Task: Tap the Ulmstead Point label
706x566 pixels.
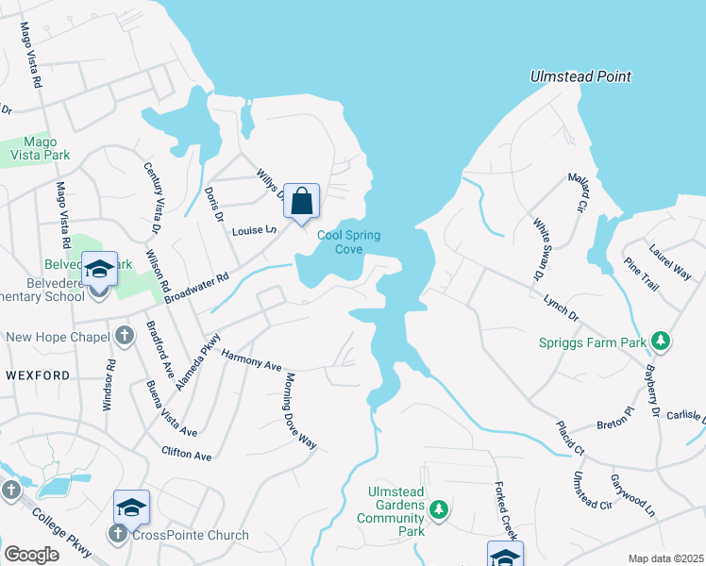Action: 580,76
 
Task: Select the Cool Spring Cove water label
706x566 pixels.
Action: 340,242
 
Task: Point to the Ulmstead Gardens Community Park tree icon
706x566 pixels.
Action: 438,510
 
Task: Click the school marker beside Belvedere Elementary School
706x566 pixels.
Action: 99,270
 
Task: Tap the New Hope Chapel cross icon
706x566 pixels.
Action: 125,337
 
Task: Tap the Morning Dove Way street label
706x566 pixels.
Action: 300,410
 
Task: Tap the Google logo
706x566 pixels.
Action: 31,554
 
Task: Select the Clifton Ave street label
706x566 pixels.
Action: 186,454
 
